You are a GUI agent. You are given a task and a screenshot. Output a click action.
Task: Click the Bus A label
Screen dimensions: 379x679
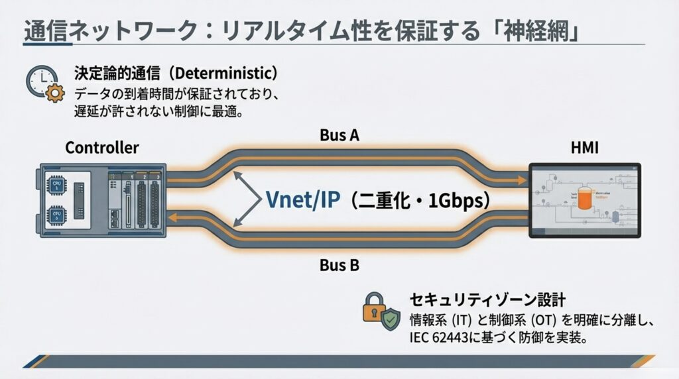tap(339, 136)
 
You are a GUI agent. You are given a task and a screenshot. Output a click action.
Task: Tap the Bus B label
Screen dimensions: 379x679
tap(339, 266)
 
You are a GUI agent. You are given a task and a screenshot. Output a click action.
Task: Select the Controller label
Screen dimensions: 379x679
tap(101, 148)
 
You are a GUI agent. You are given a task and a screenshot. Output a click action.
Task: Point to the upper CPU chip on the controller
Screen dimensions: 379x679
tap(56, 186)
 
